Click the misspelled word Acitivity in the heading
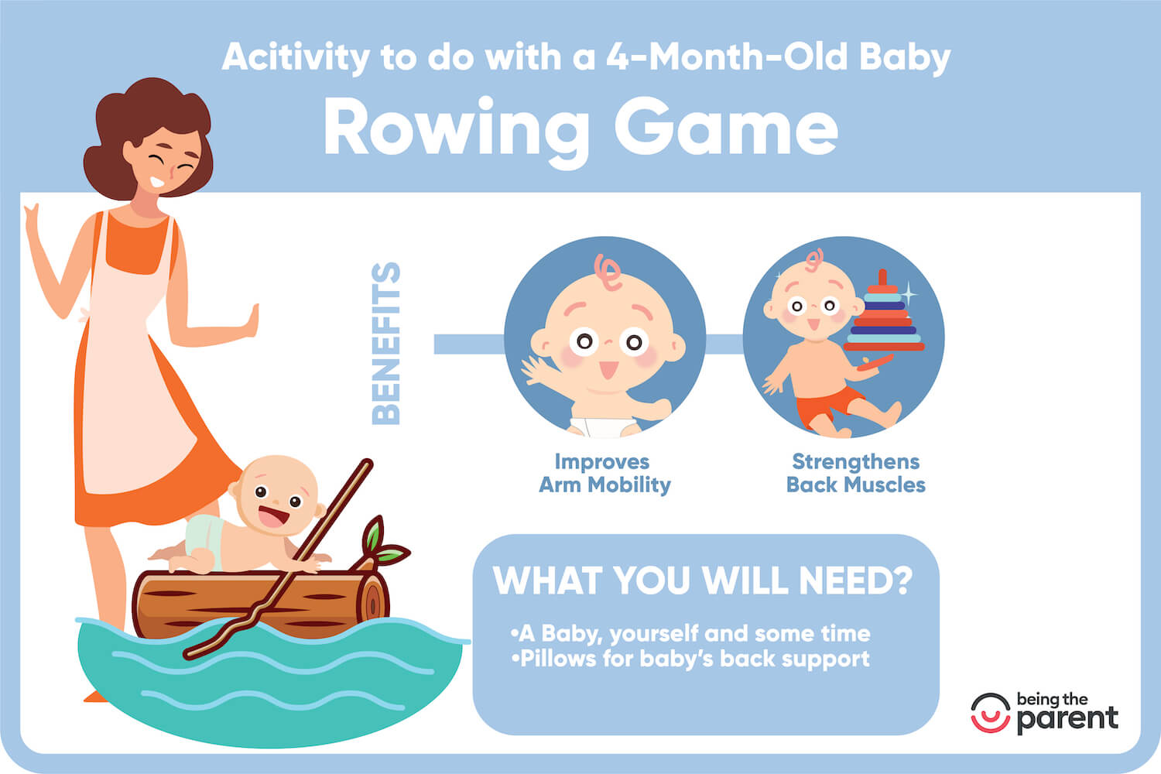[295, 58]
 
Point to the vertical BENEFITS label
[386, 344]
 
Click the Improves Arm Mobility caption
[604, 473]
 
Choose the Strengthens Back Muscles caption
[855, 473]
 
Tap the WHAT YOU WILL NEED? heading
[703, 580]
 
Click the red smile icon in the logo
[991, 712]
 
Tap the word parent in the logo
[1068, 718]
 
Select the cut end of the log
[376, 600]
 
